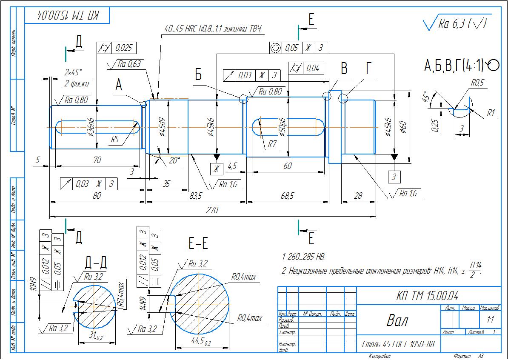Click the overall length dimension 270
coord(212,210)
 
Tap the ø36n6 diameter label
coord(91,126)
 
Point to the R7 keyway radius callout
coord(272,144)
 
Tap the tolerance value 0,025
coord(124,48)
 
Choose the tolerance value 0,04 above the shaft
coord(312,68)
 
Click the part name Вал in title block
coord(397,320)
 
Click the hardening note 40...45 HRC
coord(213,29)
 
